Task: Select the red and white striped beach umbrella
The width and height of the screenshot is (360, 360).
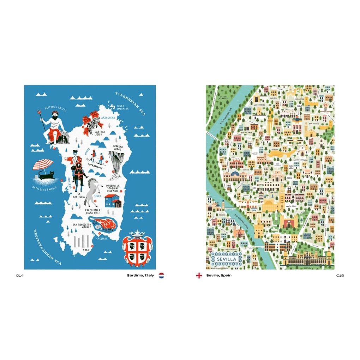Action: coord(43,164)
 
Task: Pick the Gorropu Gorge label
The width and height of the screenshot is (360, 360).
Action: coord(119,147)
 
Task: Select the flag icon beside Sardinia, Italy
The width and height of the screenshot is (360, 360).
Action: coord(161,275)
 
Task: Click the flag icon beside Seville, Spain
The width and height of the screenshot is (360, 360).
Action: coord(199,275)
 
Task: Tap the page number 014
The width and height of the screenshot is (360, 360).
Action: coord(20,275)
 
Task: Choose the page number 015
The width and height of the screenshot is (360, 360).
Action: coord(340,275)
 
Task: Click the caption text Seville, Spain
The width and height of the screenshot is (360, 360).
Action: coord(219,275)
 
